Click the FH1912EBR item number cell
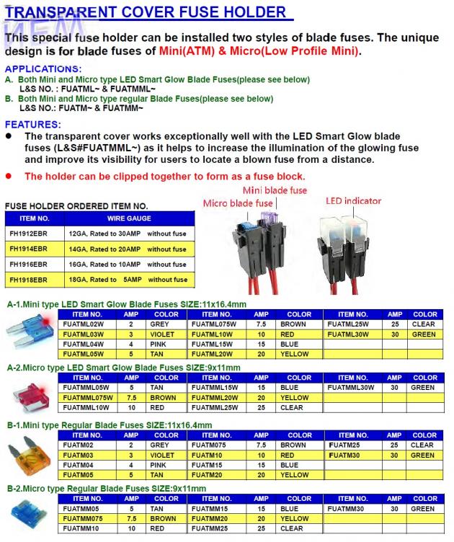tap(34, 234)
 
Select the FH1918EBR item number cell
tap(34, 279)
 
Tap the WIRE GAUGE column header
tap(129, 218)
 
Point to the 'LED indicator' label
tap(353, 200)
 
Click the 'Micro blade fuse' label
tap(237, 204)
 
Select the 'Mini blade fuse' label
tap(275, 190)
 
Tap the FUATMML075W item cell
tap(89, 398)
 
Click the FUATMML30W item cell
tap(352, 388)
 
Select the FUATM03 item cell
tap(79, 456)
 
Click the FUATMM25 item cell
tap(210, 528)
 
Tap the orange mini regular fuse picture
tap(31, 456)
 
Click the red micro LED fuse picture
tap(32, 394)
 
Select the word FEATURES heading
tap(33, 124)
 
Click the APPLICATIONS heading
tap(43, 68)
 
